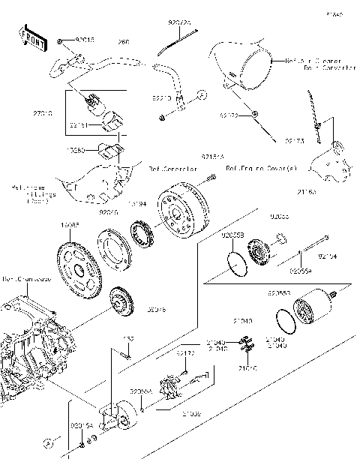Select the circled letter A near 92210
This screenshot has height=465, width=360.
click(202, 96)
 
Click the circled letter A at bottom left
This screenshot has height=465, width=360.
click(46, 443)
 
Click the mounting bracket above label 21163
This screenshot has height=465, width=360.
click(329, 157)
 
